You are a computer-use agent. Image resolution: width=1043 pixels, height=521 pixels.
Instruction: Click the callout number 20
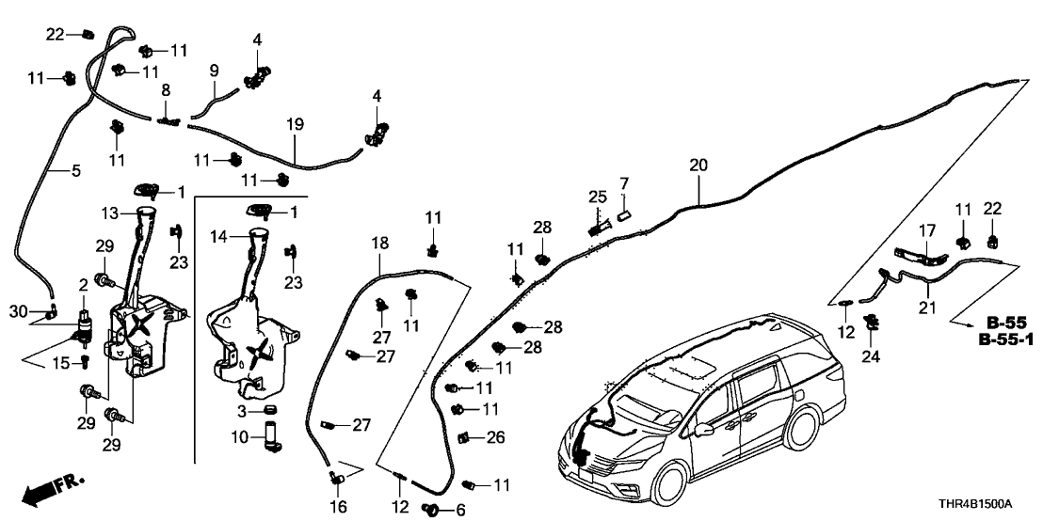coord(698,165)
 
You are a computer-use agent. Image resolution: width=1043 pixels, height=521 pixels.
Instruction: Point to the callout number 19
coord(295,123)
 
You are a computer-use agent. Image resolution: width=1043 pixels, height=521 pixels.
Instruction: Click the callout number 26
coord(495,436)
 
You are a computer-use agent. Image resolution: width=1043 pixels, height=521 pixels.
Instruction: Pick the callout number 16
coord(338,507)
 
